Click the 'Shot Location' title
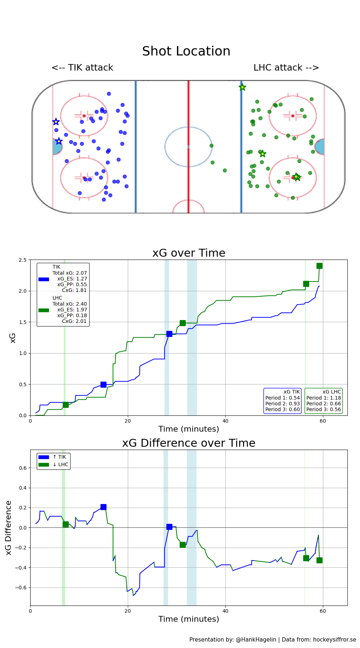(186, 51)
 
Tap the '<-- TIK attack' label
(82, 68)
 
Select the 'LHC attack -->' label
(286, 68)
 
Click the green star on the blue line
(242, 87)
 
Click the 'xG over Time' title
(189, 253)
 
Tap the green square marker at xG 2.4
(319, 266)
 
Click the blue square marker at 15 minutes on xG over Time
(103, 384)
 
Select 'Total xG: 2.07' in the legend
(69, 273)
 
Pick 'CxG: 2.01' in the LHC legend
(74, 321)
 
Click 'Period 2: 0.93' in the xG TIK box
(283, 404)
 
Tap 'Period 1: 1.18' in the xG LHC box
(324, 398)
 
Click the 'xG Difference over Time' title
(189, 443)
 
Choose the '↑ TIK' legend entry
(59, 457)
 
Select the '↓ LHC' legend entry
(60, 464)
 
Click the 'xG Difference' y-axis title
(9, 527)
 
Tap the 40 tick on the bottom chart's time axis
(225, 611)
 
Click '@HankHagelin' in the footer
(256, 639)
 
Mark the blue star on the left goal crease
(59, 141)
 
